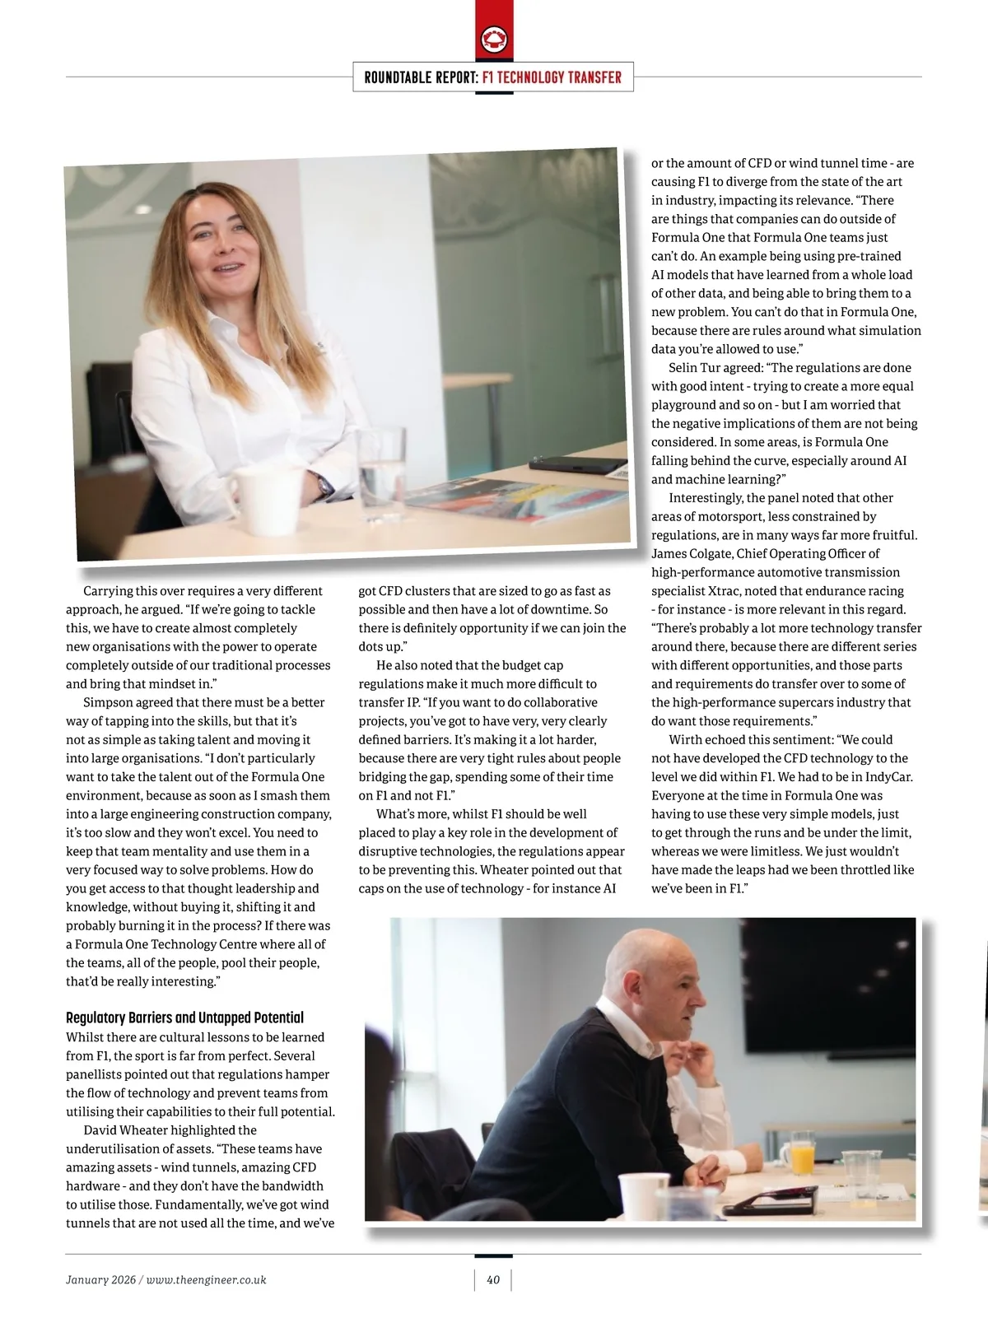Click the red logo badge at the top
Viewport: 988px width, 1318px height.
click(494, 39)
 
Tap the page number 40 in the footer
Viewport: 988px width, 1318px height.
click(493, 1279)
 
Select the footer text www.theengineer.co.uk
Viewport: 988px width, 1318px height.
click(206, 1279)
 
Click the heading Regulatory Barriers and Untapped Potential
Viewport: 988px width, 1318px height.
click(184, 1018)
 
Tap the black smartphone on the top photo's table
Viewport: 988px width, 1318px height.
click(576, 463)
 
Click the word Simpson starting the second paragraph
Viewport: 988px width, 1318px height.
click(109, 703)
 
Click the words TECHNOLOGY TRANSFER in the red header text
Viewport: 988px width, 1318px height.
click(552, 77)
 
